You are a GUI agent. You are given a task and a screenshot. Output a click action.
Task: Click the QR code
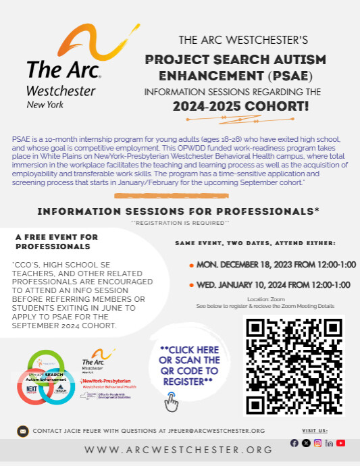(x=293, y=365)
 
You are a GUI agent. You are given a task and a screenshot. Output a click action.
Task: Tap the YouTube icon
(x=341, y=443)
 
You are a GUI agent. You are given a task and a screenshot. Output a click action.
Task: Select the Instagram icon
(x=318, y=443)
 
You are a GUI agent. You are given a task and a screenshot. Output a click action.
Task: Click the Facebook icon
(x=294, y=443)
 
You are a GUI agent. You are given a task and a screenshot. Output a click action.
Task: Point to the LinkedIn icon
(x=330, y=443)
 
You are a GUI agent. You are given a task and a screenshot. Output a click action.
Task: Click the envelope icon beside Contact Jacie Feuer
(x=22, y=430)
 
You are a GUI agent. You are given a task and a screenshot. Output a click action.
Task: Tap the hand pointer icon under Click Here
(x=172, y=403)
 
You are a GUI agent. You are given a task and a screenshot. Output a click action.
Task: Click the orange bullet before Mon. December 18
(x=192, y=265)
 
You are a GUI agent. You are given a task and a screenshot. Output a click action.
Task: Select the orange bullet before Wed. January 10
(x=192, y=285)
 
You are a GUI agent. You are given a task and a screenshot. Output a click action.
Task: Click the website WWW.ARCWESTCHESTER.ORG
(x=179, y=450)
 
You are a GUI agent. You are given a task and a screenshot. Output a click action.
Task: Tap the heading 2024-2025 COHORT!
(x=240, y=106)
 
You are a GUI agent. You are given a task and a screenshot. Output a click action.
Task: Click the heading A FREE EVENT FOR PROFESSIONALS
(x=57, y=242)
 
